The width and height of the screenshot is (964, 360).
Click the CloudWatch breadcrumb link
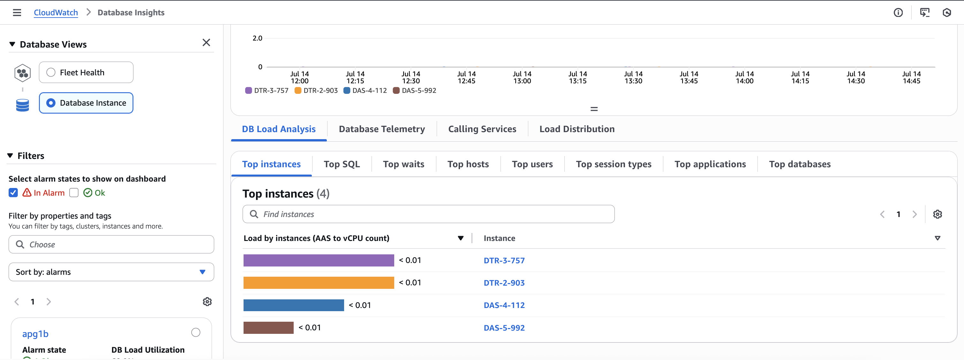pos(56,12)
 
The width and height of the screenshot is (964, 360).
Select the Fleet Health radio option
pos(51,72)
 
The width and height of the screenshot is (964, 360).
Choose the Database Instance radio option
pos(51,103)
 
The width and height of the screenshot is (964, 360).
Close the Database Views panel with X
pos(206,43)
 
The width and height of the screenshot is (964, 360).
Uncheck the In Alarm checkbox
pos(13,193)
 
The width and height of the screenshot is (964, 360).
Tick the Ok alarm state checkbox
pos(74,193)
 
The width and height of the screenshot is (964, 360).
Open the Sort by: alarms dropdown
pos(111,272)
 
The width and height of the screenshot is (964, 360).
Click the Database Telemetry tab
pos(382,129)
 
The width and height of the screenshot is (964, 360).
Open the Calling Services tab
pos(482,129)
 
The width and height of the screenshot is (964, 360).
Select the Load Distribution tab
pos(577,129)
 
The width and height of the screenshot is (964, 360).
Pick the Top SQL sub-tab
pos(342,164)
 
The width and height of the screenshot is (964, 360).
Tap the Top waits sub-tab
pos(403,164)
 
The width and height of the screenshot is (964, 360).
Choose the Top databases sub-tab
pos(800,164)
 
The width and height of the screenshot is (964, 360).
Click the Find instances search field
pos(428,214)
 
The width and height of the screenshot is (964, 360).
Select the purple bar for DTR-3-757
pos(319,260)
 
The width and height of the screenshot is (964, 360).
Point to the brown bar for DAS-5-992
pos(268,328)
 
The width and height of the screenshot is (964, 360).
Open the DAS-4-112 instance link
pos(504,305)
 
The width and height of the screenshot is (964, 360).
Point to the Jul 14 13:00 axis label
pos(522,78)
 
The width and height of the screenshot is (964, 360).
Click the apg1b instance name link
pos(35,334)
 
